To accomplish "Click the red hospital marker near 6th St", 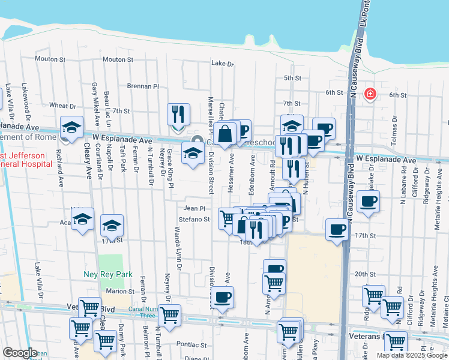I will pos(371,94).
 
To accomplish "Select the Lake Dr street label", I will pos(222,64).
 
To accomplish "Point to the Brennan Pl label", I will pos(142,86).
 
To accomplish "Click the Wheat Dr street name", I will pos(62,105).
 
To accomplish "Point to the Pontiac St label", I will pos(192,345).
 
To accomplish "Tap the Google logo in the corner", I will pos(19,353).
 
